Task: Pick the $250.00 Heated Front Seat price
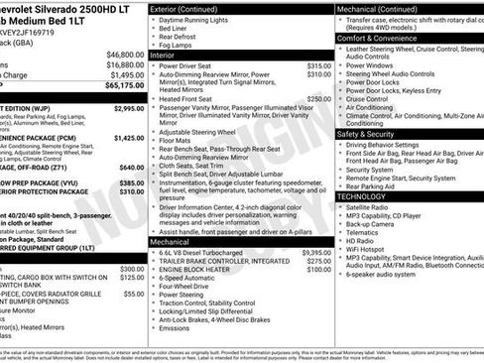click(318, 99)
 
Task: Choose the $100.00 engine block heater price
click(318, 269)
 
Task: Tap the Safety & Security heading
click(372, 133)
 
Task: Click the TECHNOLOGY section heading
click(361, 196)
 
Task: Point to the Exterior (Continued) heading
click(184, 8)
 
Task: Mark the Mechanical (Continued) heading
click(382, 8)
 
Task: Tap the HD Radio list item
click(360, 240)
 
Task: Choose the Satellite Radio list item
click(368, 206)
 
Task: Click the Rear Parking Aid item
click(371, 185)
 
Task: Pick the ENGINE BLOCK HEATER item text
click(203, 269)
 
